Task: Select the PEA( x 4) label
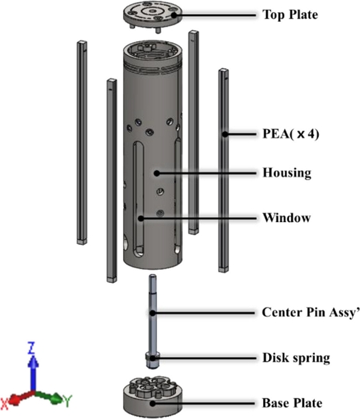[289, 134]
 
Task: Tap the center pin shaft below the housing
[151, 314]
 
